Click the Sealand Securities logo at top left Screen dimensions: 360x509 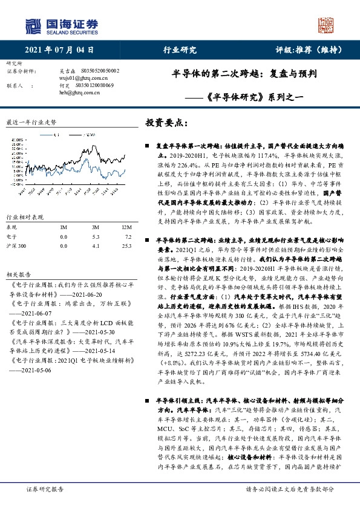(x=61, y=25)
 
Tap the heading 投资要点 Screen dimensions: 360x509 (x=167, y=122)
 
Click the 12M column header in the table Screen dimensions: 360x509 (x=126, y=227)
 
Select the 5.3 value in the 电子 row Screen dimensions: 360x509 (x=95, y=237)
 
